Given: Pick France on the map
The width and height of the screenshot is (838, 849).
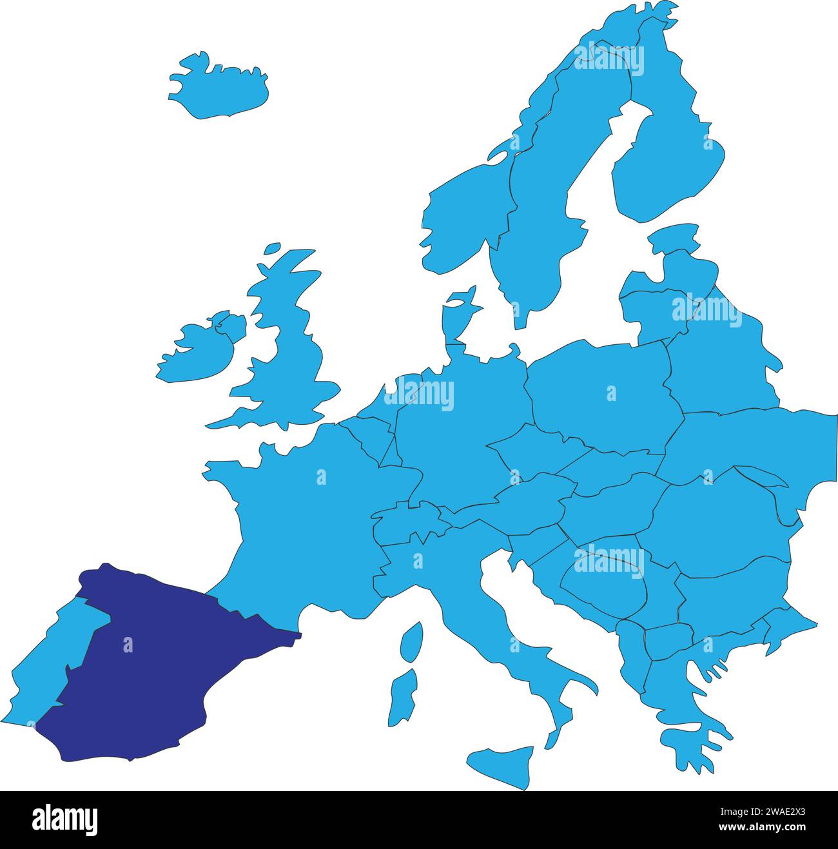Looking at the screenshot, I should pos(303,509).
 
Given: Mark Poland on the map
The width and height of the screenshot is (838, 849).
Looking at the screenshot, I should pos(599,393).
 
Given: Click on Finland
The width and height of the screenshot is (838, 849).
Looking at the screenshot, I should pos(670,161).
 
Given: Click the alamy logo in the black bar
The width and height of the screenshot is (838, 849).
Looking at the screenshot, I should pos(65,819).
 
